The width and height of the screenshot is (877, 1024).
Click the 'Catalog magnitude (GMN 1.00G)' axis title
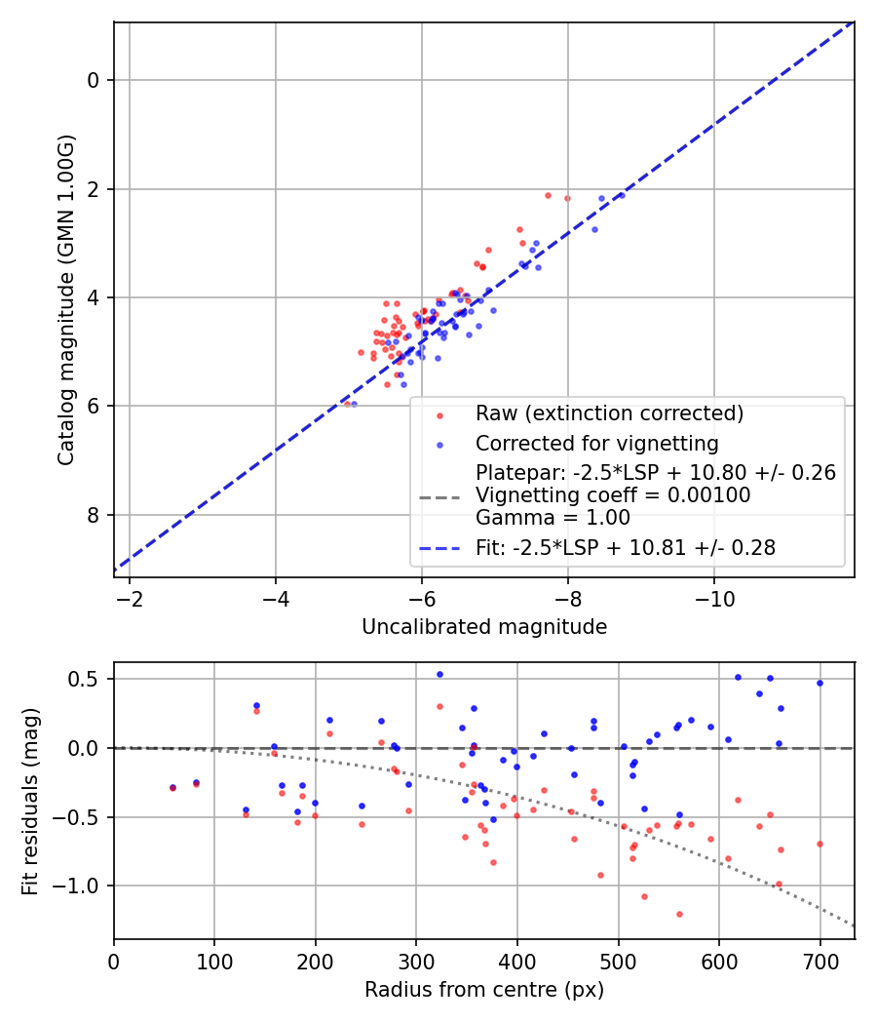66,300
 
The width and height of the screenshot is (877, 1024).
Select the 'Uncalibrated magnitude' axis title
484,627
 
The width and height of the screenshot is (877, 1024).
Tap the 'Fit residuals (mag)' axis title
30,802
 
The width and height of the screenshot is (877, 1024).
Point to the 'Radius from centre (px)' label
484,990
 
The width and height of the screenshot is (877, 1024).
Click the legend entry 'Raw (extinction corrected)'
609,414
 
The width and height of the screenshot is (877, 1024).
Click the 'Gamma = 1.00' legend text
553,518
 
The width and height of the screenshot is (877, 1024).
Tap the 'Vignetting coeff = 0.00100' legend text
613,495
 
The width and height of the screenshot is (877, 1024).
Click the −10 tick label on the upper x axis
714,599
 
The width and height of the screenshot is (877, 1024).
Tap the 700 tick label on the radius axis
820,962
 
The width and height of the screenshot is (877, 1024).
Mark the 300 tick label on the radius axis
416,962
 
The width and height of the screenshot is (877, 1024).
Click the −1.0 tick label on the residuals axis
80,886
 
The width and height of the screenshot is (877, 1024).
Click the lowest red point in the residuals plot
679,915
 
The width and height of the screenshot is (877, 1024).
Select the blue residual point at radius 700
820,683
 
